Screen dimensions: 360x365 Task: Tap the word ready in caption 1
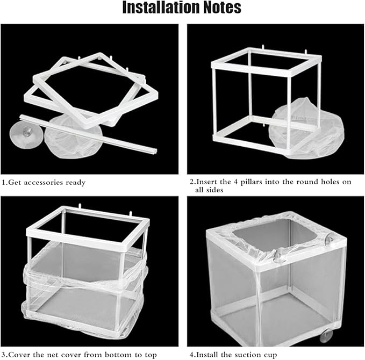(75, 183)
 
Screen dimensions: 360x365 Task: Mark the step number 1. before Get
(4, 183)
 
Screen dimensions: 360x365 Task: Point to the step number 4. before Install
(192, 355)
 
